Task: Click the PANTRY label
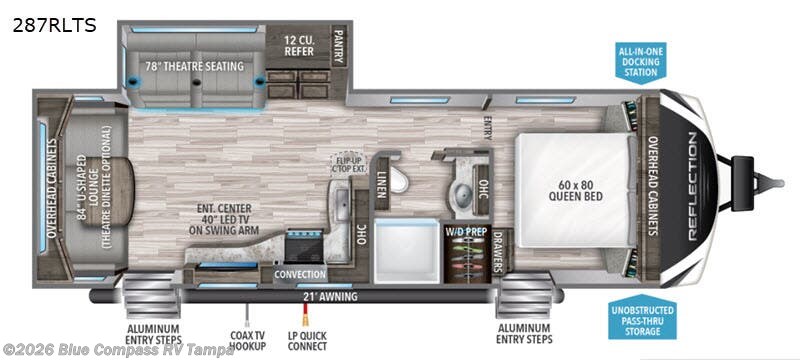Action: click(338, 45)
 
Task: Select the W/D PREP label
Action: click(464, 232)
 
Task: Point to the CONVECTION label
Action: click(301, 274)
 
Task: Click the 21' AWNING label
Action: click(331, 297)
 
